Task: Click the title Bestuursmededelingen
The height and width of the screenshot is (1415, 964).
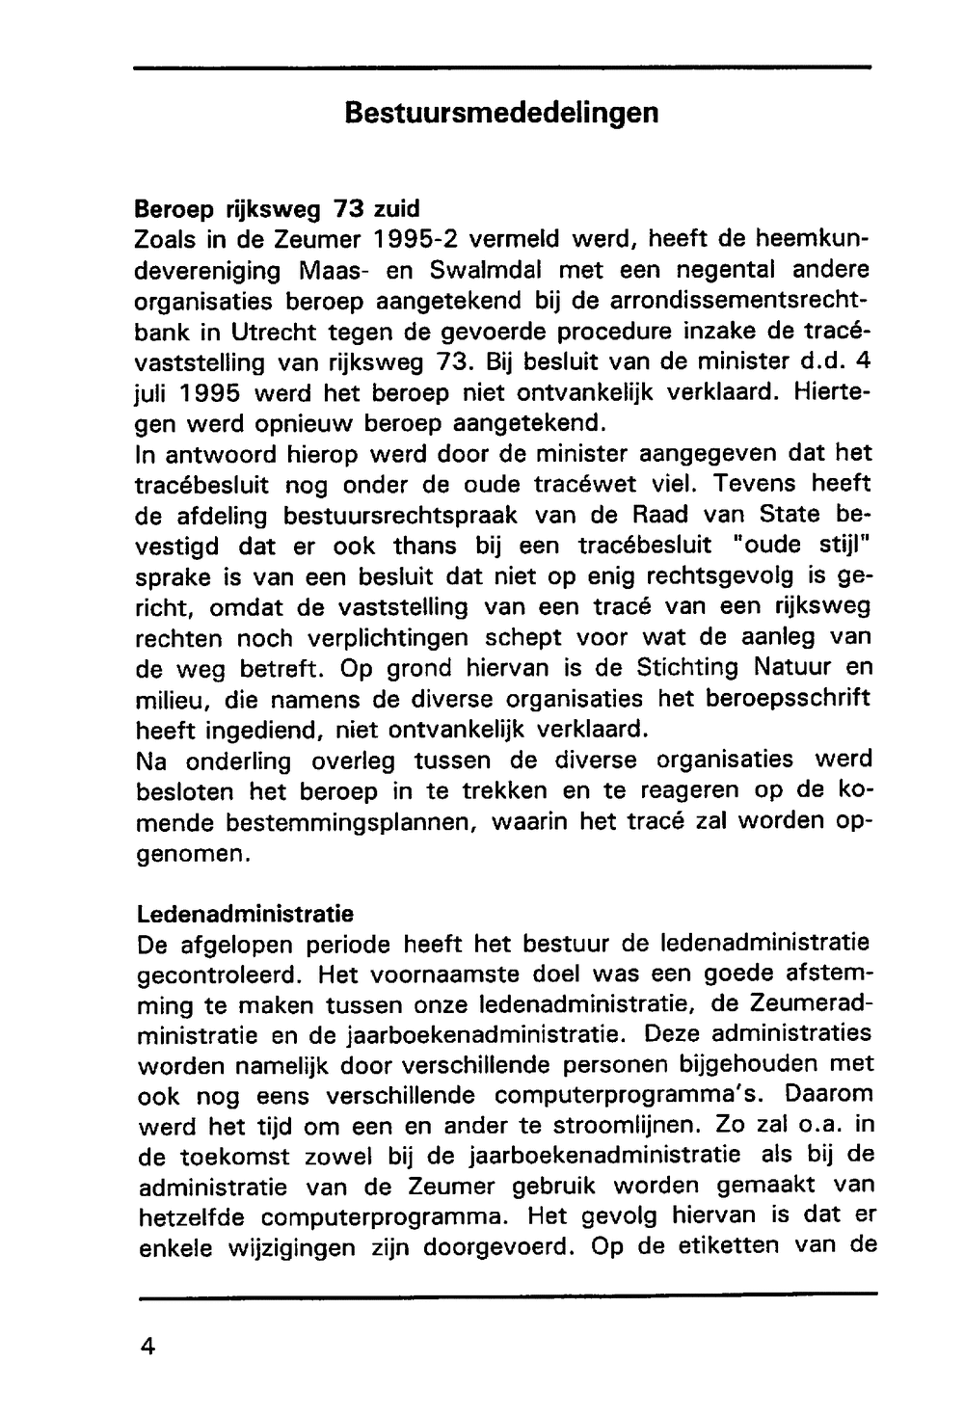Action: (x=501, y=113)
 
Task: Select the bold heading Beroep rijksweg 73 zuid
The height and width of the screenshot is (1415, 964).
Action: (x=277, y=208)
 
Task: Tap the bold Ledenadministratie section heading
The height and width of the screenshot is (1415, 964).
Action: (x=245, y=912)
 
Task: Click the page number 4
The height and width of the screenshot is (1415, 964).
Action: (x=147, y=1346)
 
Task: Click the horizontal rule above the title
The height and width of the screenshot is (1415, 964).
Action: (x=501, y=67)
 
